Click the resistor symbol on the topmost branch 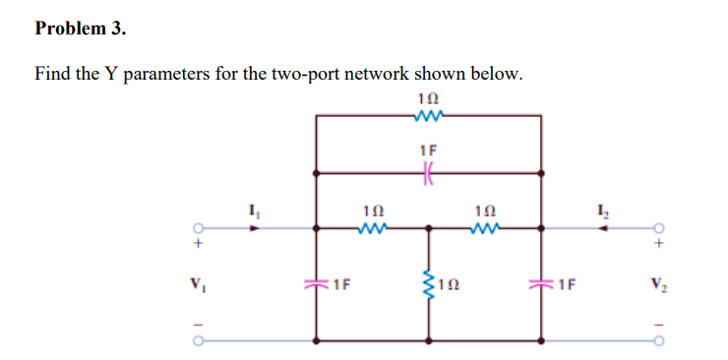point(428,115)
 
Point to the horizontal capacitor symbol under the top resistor point(428,171)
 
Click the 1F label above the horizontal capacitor point(428,150)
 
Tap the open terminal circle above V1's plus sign point(199,226)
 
